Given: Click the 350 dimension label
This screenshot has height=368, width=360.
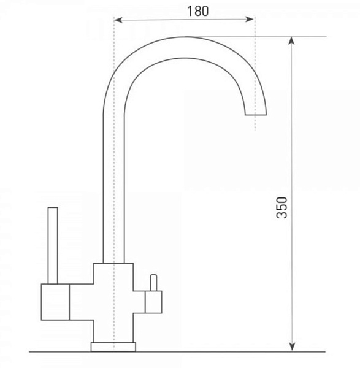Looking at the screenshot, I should [x=281, y=207].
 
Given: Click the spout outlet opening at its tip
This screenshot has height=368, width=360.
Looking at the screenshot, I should [x=256, y=115].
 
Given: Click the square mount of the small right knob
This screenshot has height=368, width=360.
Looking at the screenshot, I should [x=152, y=302].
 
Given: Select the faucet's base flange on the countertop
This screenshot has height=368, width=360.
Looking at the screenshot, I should [x=115, y=347].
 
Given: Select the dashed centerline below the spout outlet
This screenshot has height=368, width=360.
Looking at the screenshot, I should [x=254, y=124].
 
